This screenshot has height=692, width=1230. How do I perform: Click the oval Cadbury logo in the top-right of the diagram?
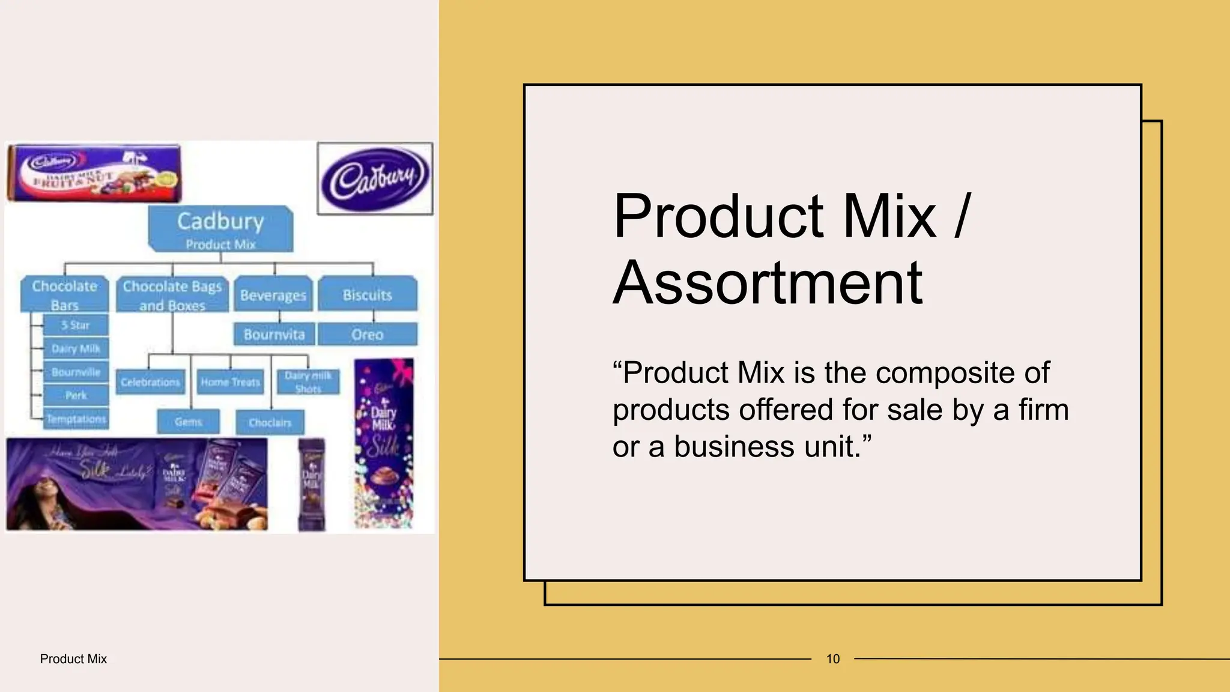click(x=375, y=178)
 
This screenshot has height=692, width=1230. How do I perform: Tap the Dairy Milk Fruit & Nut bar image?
click(x=94, y=173)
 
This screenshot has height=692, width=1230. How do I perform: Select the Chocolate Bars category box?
click(x=65, y=294)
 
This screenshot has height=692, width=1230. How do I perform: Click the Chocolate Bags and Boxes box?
click(x=172, y=294)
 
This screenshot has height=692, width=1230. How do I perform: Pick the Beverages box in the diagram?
click(x=273, y=295)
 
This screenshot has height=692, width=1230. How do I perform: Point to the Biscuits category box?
click(x=367, y=294)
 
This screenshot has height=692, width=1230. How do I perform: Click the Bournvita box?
click(x=274, y=334)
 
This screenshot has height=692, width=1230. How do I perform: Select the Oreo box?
click(x=367, y=334)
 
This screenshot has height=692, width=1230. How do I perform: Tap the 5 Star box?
click(x=76, y=325)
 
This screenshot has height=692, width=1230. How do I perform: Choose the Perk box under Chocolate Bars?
click(x=76, y=395)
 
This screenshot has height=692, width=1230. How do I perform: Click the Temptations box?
click(x=76, y=419)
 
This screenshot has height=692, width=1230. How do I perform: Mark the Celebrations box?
click(x=150, y=382)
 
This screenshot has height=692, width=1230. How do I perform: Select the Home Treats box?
click(x=230, y=382)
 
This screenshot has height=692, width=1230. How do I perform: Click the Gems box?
click(x=188, y=422)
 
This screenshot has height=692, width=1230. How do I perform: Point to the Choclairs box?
click(x=270, y=422)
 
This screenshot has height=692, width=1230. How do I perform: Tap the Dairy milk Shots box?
click(x=308, y=382)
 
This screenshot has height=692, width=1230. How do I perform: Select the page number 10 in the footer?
click(x=833, y=659)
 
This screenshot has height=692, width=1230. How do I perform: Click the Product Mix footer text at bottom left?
click(x=73, y=659)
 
